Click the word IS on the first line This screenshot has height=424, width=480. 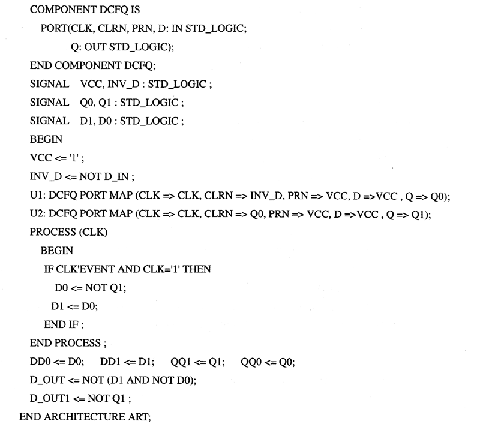tap(135, 10)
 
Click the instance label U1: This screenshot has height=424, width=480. tap(38, 195)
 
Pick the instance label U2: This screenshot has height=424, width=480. tap(38, 213)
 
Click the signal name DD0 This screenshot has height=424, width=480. tap(40, 362)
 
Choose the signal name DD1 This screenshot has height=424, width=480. tap(110, 362)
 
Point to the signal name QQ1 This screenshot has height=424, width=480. tap(181, 362)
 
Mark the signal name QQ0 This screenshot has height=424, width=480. tap(251, 362)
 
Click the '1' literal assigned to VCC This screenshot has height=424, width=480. tap(74, 158)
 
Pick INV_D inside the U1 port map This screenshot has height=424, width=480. tap(266, 196)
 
